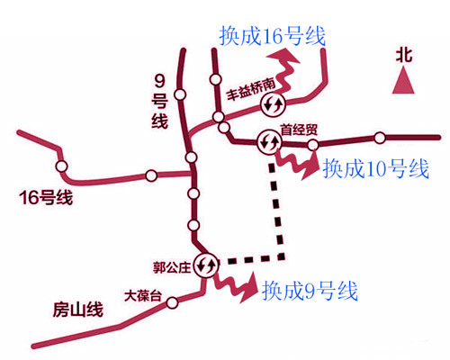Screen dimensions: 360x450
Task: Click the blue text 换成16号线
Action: [x=272, y=37]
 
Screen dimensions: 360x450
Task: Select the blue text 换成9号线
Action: [x=310, y=292]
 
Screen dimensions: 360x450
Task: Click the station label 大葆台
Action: [x=142, y=295]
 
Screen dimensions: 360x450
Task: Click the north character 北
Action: [x=405, y=55]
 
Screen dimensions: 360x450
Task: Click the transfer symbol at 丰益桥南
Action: [x=272, y=105]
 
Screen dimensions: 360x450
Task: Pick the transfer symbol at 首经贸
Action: [x=269, y=141]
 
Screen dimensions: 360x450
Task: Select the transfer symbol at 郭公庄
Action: [x=206, y=265]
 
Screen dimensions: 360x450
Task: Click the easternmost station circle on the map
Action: [x=380, y=138]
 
